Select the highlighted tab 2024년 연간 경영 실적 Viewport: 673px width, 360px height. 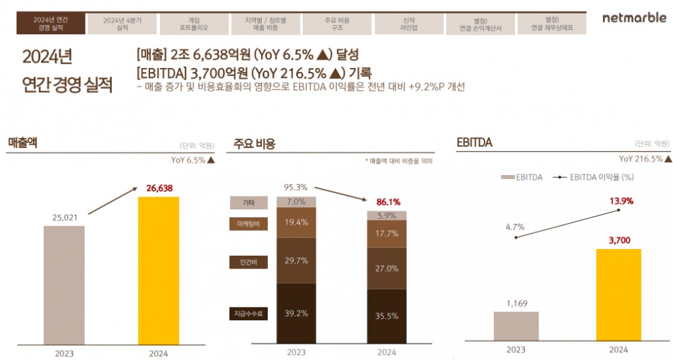tap(52, 24)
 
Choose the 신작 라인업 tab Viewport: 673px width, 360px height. tap(407, 24)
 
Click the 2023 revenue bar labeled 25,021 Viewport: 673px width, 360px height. tap(64, 284)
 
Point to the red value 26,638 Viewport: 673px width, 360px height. tap(159, 188)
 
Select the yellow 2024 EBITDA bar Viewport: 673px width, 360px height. tap(618, 294)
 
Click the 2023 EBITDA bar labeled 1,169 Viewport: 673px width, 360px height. tap(516, 326)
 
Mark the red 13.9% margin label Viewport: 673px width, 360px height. tap(620, 201)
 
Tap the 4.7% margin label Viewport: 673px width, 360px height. tap(515, 227)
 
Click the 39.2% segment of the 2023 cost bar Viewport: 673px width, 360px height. tap(296, 313)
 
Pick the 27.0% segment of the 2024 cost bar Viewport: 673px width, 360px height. tap(386, 267)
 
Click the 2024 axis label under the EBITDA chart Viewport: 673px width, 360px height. tap(618, 350)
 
